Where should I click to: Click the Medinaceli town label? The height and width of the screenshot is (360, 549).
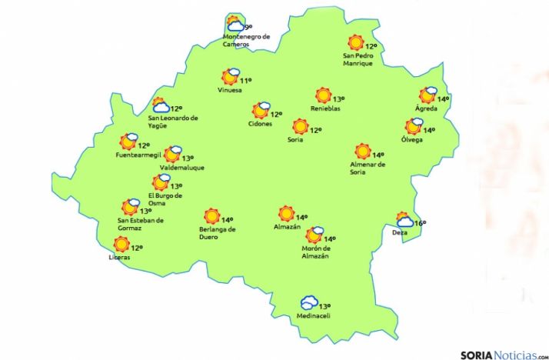(313, 316)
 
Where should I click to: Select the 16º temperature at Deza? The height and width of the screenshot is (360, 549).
(420, 223)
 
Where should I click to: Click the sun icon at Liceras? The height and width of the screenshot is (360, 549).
(121, 245)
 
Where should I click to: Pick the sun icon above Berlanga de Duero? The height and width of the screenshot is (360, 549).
(211, 217)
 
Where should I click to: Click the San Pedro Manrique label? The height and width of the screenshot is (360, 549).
(358, 59)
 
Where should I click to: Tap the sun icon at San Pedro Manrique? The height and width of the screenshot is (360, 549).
(355, 43)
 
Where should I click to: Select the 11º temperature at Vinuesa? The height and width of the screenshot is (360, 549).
(246, 80)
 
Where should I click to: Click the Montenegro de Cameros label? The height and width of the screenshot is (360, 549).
(246, 40)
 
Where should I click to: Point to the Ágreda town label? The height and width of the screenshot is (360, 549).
(426, 108)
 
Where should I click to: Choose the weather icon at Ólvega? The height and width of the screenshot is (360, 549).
(414, 127)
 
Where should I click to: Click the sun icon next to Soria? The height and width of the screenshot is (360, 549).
(300, 126)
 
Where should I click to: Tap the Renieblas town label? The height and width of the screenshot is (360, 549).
(325, 108)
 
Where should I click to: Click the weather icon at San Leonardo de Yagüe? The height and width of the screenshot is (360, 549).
(161, 105)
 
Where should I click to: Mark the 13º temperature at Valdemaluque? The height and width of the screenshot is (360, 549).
(188, 158)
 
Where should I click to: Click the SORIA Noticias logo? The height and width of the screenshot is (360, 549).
(504, 354)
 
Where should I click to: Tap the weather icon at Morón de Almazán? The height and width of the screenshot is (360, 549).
(315, 235)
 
